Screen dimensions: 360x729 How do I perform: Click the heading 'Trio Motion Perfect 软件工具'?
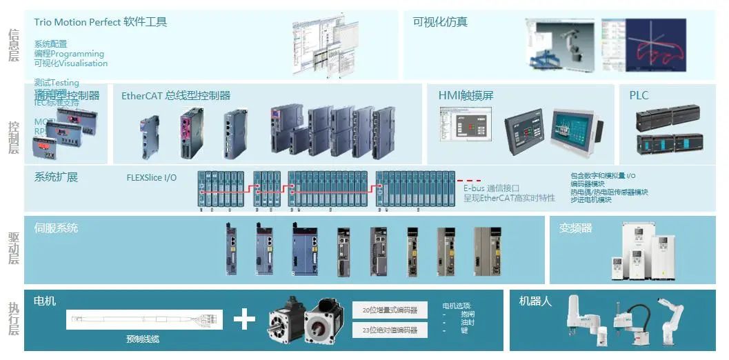[101, 22]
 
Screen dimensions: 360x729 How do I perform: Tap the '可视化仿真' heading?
[440, 22]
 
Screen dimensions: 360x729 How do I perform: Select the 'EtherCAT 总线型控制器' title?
[176, 96]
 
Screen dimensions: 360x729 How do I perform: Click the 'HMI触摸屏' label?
[466, 96]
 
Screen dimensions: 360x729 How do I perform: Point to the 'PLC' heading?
[639, 96]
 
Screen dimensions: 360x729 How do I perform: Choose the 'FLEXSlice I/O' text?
[152, 178]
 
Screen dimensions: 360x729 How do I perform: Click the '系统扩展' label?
[56, 177]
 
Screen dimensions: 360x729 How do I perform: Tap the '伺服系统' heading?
[56, 228]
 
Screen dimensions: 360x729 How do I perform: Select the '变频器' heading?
[575, 228]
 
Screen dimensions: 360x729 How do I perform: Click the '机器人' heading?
[535, 301]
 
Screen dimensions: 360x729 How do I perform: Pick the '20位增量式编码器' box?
[390, 310]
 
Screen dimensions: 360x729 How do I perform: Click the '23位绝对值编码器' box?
[390, 330]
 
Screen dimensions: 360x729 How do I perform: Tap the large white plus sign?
[244, 319]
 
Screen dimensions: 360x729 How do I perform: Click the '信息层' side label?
[13, 46]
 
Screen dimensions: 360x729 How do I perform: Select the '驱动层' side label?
[13, 249]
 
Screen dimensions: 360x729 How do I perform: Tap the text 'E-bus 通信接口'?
[491, 188]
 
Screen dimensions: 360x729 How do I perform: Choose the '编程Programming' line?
[69, 54]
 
